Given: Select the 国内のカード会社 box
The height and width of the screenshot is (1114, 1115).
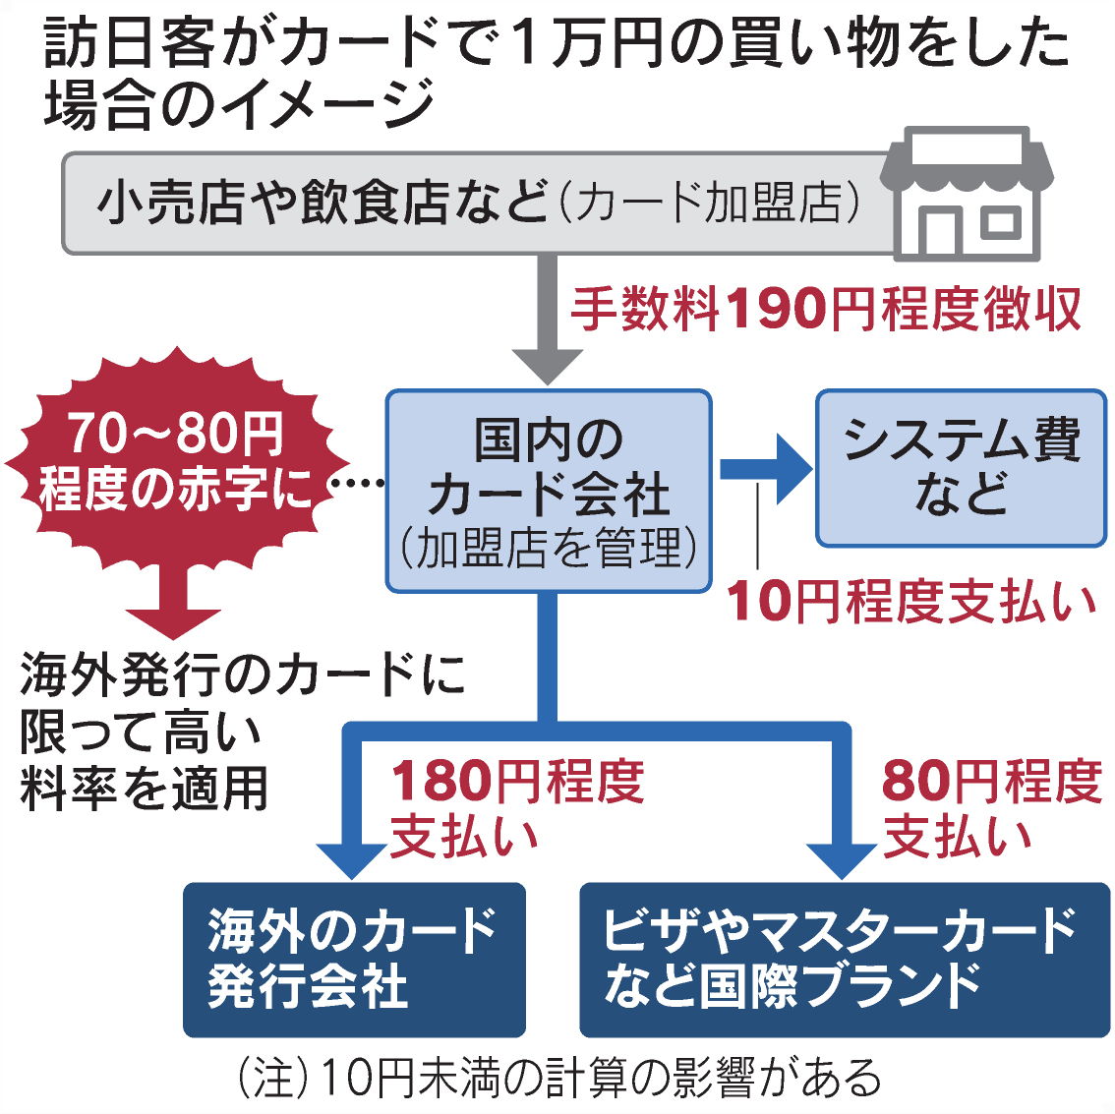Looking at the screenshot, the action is click(x=548, y=491).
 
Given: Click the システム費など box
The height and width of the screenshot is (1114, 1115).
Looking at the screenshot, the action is click(x=961, y=467).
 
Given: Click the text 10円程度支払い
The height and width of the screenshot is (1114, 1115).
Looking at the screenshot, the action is click(x=910, y=602).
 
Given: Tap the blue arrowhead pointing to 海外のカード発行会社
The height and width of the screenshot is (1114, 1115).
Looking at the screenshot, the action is click(x=351, y=858).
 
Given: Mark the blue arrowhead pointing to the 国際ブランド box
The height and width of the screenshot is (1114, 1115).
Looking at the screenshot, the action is click(x=841, y=858).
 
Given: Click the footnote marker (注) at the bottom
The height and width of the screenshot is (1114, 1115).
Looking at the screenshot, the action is click(x=266, y=1078).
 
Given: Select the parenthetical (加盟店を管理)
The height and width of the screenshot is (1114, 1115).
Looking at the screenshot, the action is click(x=548, y=549).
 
